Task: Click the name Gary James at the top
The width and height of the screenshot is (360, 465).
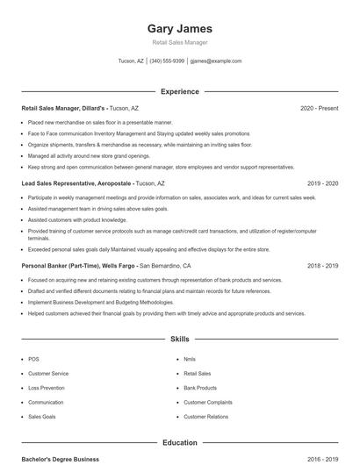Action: (179, 29)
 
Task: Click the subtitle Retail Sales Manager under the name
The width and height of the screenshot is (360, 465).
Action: (179, 42)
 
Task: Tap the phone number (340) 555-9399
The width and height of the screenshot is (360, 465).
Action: (167, 61)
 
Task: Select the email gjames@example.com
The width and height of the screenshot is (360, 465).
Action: (215, 61)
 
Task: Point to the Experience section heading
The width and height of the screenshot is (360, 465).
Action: (179, 91)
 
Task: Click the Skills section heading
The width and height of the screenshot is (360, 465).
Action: (179, 338)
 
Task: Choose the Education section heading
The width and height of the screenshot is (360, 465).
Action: (179, 443)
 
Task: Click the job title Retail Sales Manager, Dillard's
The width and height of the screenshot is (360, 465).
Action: (63, 108)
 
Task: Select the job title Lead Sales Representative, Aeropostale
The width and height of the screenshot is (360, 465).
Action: (76, 183)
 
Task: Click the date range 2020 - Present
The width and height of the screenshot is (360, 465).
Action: (319, 108)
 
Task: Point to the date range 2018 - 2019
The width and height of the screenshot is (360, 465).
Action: (322, 265)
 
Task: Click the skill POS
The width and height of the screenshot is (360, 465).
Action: (33, 359)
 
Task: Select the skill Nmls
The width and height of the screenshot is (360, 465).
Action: (190, 359)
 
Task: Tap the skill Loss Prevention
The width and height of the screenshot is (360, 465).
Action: (47, 388)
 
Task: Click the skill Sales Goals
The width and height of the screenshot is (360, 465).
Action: (42, 417)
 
